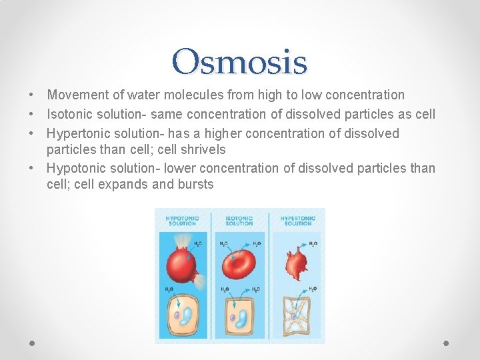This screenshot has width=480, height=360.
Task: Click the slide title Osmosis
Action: pos(239,62)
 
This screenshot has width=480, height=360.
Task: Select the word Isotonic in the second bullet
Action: pos(72,115)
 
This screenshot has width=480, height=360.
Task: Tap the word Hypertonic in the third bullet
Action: pos(81,133)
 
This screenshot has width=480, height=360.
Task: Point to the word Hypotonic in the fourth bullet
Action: pos(79,169)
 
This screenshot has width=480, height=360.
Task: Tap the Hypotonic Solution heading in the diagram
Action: pos(182,221)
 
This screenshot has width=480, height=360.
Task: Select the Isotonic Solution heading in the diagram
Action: pos(239,221)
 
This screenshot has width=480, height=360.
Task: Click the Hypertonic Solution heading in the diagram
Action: pos(297,221)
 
